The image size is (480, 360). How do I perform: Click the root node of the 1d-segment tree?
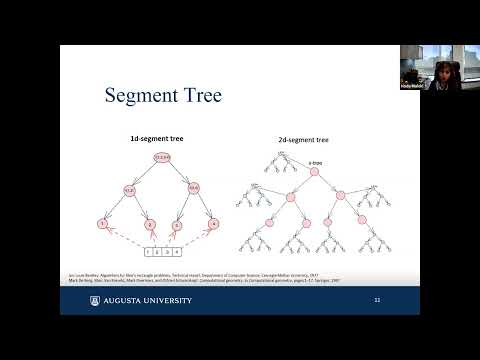tap(161, 157)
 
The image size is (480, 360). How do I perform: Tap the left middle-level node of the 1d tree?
tap(130, 189)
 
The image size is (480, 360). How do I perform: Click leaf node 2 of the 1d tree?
tap(143, 226)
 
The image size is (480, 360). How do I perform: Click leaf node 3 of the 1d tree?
tap(176, 226)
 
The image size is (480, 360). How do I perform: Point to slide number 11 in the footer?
tap(377, 299)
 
